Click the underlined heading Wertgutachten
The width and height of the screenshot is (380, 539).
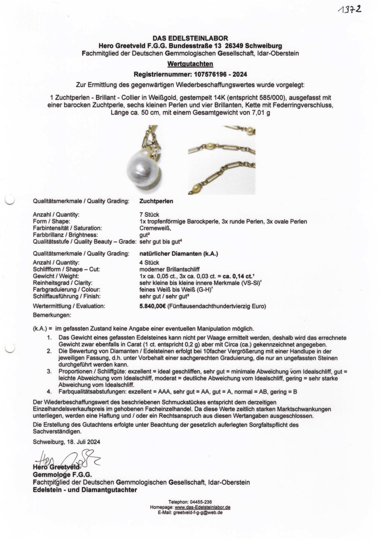(x=190, y=64)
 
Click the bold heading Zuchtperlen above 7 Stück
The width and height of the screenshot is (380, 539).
(x=156, y=201)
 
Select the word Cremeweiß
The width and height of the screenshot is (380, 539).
(x=155, y=228)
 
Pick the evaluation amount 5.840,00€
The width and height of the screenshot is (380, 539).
(x=153, y=306)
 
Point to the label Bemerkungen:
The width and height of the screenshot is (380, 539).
(x=52, y=315)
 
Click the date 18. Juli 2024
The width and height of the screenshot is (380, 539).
(x=83, y=442)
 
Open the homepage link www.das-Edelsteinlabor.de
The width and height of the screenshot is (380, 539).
(x=202, y=507)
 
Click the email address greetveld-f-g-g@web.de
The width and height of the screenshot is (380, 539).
(x=198, y=512)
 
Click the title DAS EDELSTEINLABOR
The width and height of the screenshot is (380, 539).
(x=190, y=38)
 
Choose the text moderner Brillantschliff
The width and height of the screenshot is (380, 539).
(x=169, y=269)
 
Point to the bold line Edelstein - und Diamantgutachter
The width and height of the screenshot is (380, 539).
(x=85, y=490)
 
